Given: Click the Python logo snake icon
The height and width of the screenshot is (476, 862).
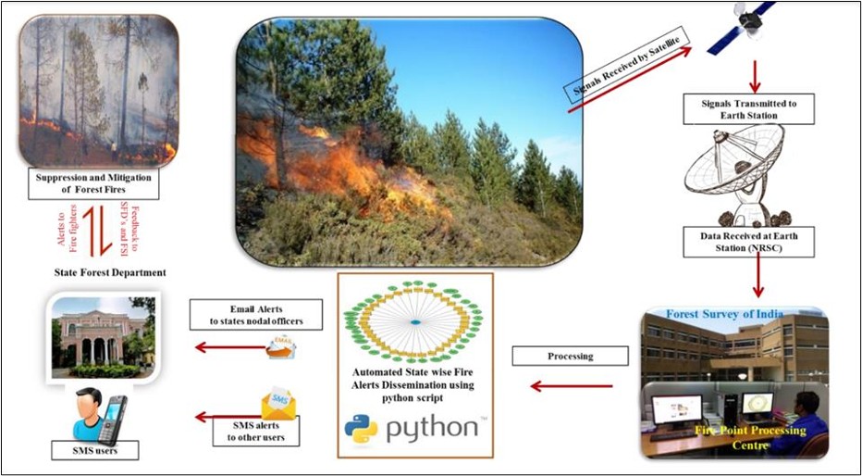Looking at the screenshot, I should click(360, 428).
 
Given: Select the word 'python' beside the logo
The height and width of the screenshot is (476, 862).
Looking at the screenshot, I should click(433, 429).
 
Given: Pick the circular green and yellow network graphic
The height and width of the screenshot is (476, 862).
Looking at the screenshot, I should click(415, 321).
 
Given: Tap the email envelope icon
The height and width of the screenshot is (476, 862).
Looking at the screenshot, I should click(279, 347).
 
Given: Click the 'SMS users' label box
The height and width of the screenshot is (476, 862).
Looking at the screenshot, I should click(94, 452).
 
